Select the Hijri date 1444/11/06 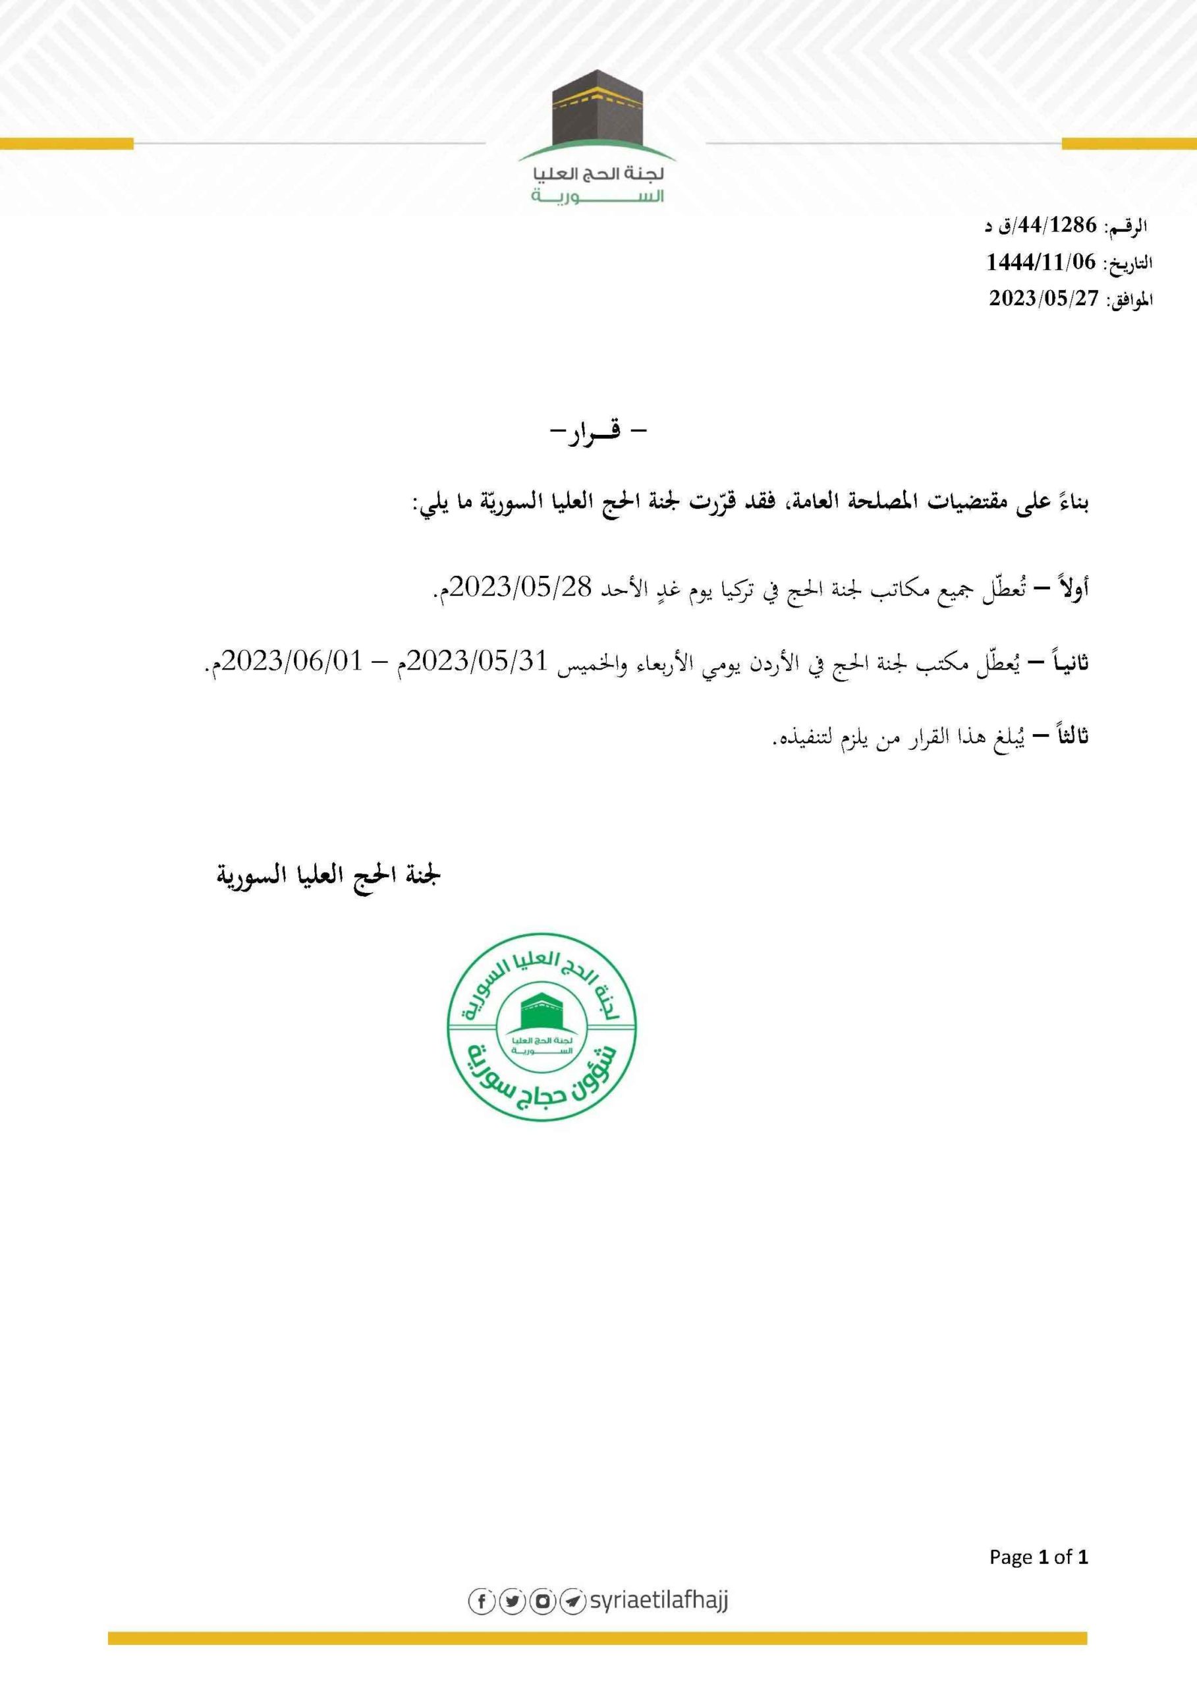tap(1041, 262)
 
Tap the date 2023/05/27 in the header tap(1043, 298)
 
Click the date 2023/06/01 tap(292, 662)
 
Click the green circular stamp tap(542, 1026)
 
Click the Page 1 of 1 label tap(1038, 1557)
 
